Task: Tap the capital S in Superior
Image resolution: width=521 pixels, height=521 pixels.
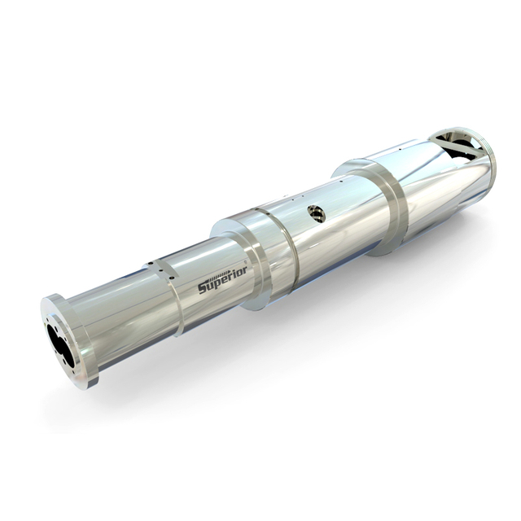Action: point(203,287)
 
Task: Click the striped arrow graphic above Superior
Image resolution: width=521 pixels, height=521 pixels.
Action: point(219,276)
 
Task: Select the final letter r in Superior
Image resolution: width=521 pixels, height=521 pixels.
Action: point(244,271)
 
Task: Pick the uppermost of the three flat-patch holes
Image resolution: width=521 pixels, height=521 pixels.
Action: point(151,263)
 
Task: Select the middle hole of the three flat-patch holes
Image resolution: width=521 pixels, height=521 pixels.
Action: point(161,270)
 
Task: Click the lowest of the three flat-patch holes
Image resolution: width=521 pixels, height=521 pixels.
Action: point(172,278)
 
